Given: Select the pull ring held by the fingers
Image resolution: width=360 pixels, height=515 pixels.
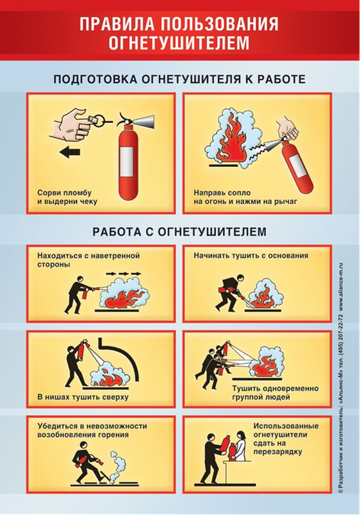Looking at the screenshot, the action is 102,118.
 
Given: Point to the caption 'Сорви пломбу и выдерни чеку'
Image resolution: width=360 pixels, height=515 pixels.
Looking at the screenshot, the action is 67,197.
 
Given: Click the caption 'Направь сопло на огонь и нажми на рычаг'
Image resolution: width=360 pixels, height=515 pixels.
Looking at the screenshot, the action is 245,197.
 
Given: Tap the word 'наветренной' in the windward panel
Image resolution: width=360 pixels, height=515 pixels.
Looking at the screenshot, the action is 115,256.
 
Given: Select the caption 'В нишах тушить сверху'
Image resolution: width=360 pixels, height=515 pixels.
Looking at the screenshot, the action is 83,397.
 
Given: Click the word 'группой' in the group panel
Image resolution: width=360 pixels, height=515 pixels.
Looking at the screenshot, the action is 247,397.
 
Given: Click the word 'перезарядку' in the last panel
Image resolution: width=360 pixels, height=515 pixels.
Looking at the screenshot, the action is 277,452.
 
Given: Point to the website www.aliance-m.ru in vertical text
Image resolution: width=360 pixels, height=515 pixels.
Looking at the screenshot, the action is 341,289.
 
